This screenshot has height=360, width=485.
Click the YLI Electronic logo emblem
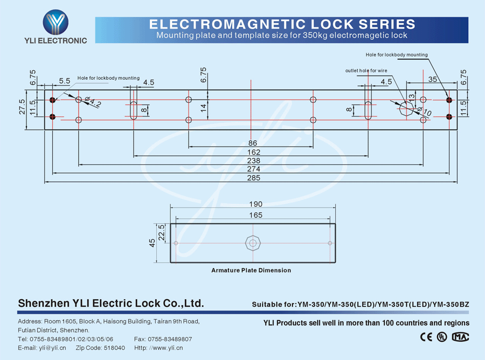56,23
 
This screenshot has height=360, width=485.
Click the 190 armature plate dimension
256,204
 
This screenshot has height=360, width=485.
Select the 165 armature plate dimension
256,215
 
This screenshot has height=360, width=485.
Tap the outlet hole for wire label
366,71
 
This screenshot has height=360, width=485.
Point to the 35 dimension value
432,79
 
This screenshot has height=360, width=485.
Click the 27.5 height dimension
22,106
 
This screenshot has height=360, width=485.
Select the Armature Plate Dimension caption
251,270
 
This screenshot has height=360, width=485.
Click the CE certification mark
426,337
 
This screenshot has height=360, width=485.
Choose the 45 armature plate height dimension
153,243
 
